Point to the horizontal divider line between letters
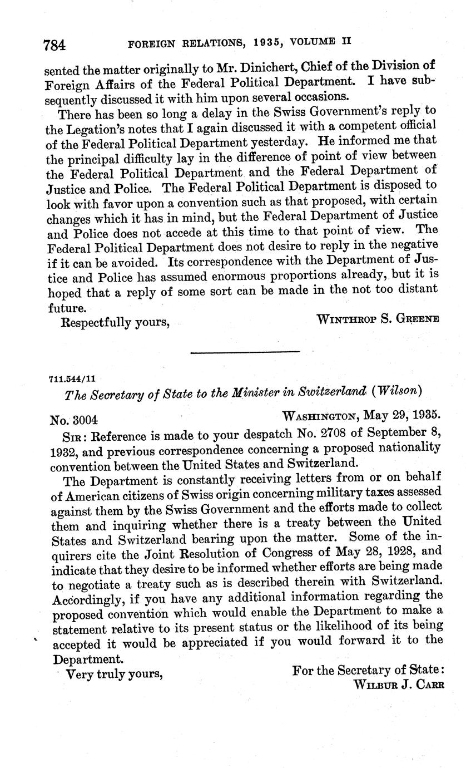245,352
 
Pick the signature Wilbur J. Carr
399,685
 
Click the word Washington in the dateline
320,415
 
